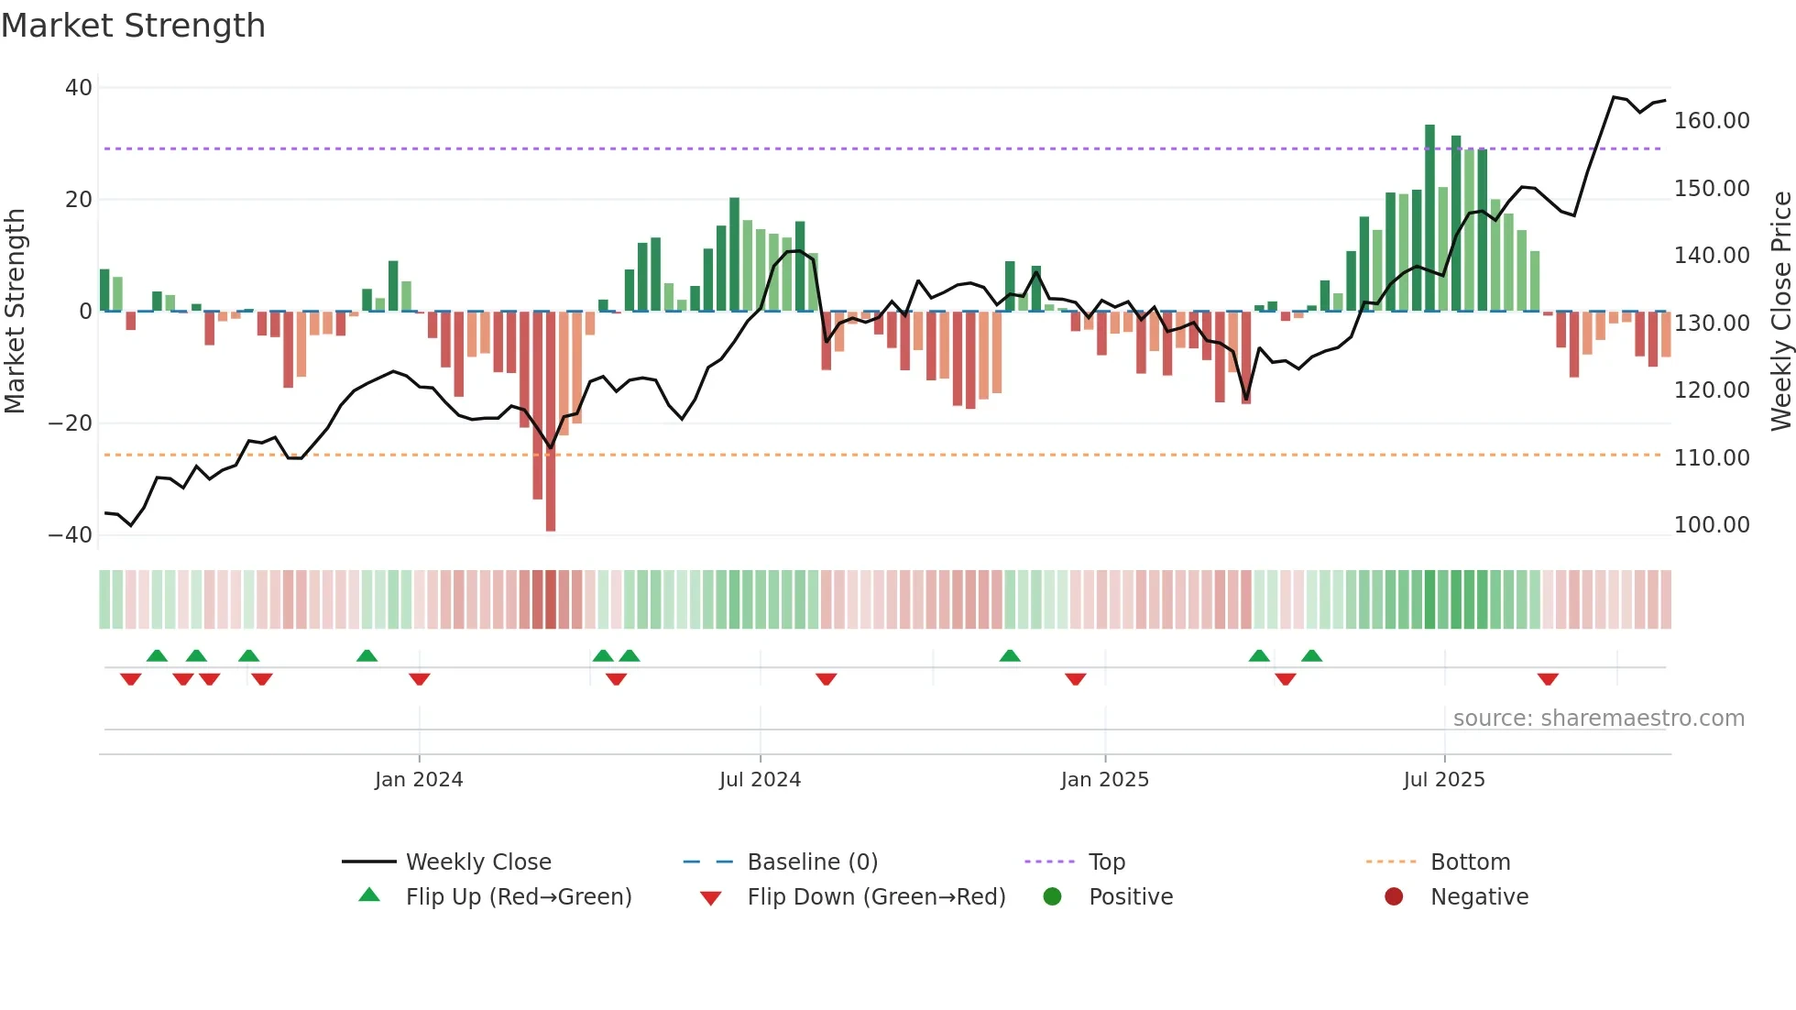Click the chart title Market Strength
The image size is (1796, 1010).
click(x=134, y=26)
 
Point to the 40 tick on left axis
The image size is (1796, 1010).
click(x=79, y=88)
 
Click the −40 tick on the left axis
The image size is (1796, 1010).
click(x=71, y=535)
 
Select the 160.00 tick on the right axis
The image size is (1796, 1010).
click(x=1712, y=121)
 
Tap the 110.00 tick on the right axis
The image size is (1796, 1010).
click(x=1712, y=457)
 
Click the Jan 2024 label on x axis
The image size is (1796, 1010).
click(x=419, y=780)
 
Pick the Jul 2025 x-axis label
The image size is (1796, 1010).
click(x=1444, y=780)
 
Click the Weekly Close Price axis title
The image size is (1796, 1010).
click(x=1780, y=312)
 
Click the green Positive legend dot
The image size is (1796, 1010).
click(x=1053, y=897)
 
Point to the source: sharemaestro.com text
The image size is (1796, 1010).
click(x=1598, y=719)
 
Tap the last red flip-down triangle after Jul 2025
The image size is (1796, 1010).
click(x=1548, y=679)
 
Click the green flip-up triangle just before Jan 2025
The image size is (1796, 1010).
click(x=1010, y=656)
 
